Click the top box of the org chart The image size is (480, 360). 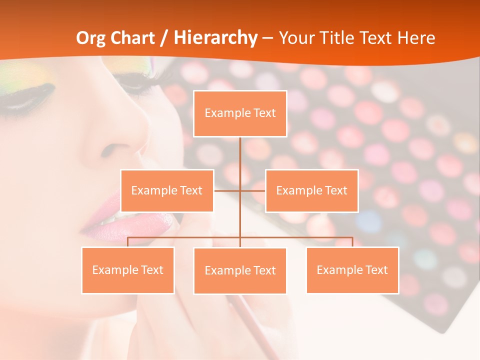240,113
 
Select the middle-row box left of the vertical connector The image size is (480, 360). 166,190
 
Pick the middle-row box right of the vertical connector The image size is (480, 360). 311,190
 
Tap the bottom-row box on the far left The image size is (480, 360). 127,270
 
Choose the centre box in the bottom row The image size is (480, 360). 240,270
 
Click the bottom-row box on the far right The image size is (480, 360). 352,270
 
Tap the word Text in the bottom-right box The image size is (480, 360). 377,270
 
